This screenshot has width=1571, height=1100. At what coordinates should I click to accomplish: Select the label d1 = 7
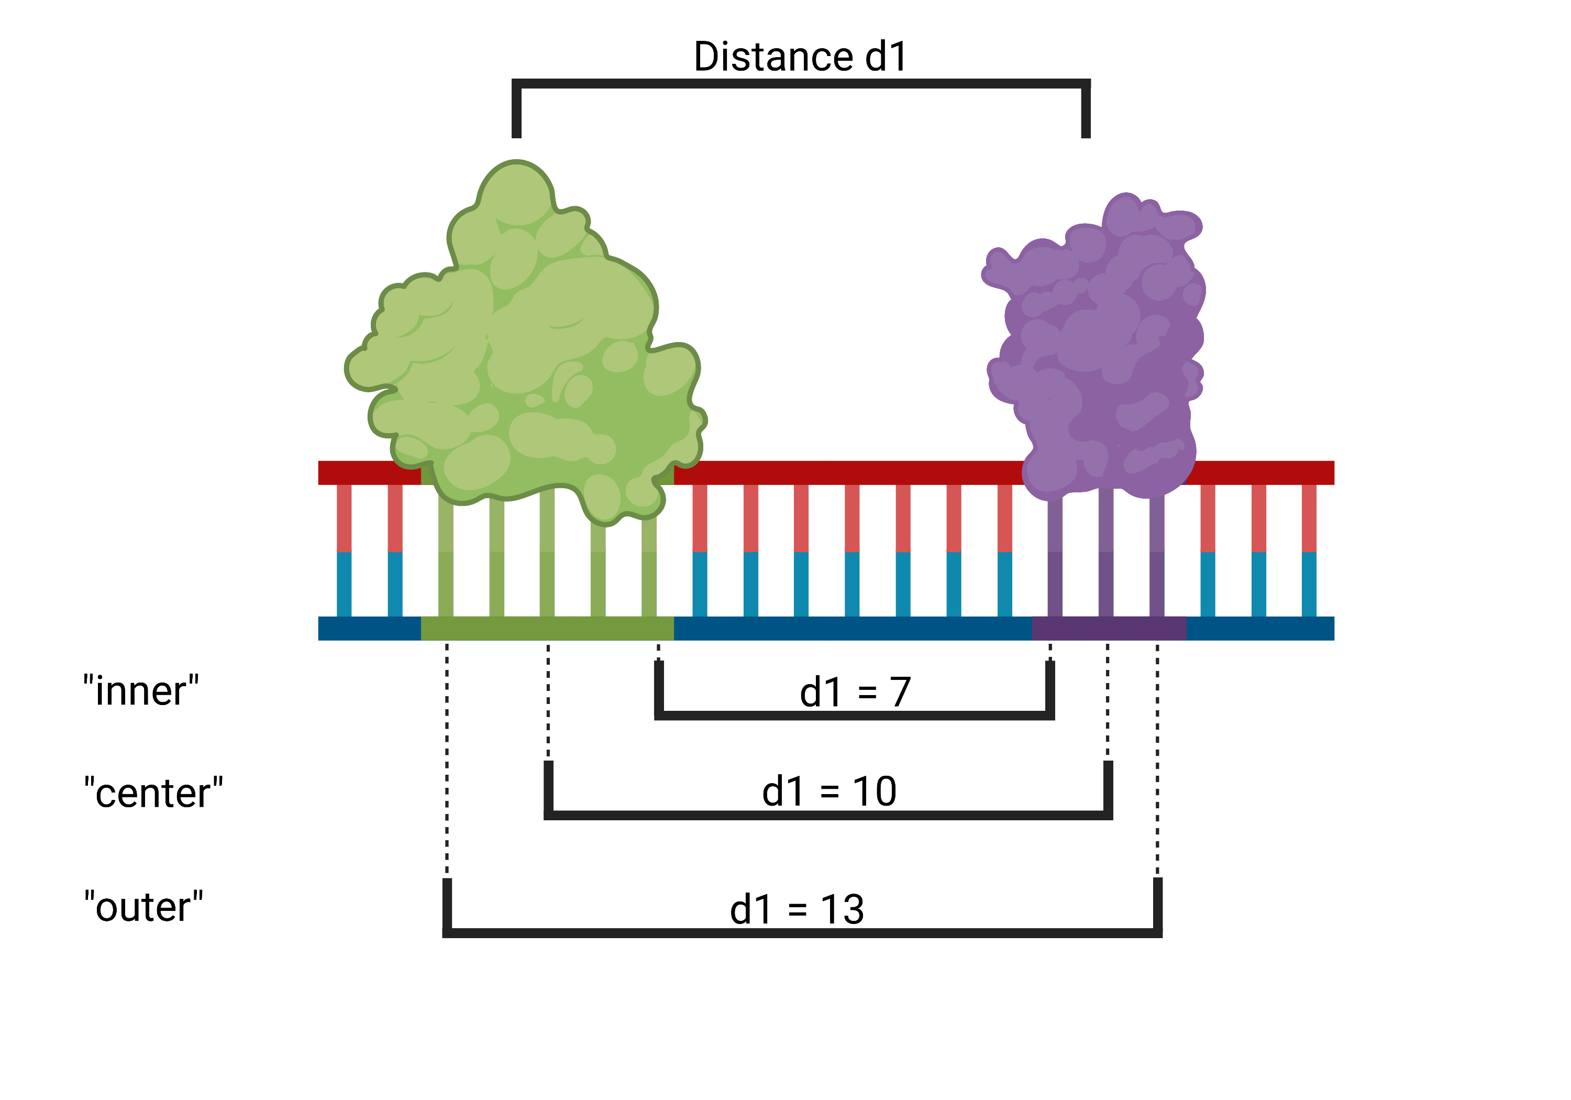click(x=855, y=692)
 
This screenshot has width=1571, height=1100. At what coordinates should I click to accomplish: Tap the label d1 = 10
click(x=829, y=792)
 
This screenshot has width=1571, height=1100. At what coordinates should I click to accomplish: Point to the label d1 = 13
click(x=797, y=910)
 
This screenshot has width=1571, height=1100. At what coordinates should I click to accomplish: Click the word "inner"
click(x=141, y=690)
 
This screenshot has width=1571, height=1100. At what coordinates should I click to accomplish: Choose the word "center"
click(x=153, y=793)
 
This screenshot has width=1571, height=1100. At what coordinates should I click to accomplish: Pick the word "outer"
click(x=143, y=907)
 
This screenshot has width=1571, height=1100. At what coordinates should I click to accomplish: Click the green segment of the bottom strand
click(x=547, y=629)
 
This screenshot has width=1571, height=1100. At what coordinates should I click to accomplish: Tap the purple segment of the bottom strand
click(x=1109, y=629)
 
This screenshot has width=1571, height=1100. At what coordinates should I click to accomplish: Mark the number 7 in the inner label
click(x=901, y=692)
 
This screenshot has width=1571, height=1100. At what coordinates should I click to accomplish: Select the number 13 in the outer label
click(x=843, y=910)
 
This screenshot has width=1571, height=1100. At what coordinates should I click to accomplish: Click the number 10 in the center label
click(x=875, y=792)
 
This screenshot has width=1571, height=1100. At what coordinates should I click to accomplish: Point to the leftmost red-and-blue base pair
click(x=344, y=551)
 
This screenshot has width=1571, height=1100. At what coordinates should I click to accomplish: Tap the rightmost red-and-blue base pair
click(x=1309, y=551)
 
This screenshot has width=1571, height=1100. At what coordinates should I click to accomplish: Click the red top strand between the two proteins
click(x=848, y=473)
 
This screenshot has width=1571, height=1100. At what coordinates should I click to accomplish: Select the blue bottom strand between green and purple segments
click(x=853, y=629)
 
